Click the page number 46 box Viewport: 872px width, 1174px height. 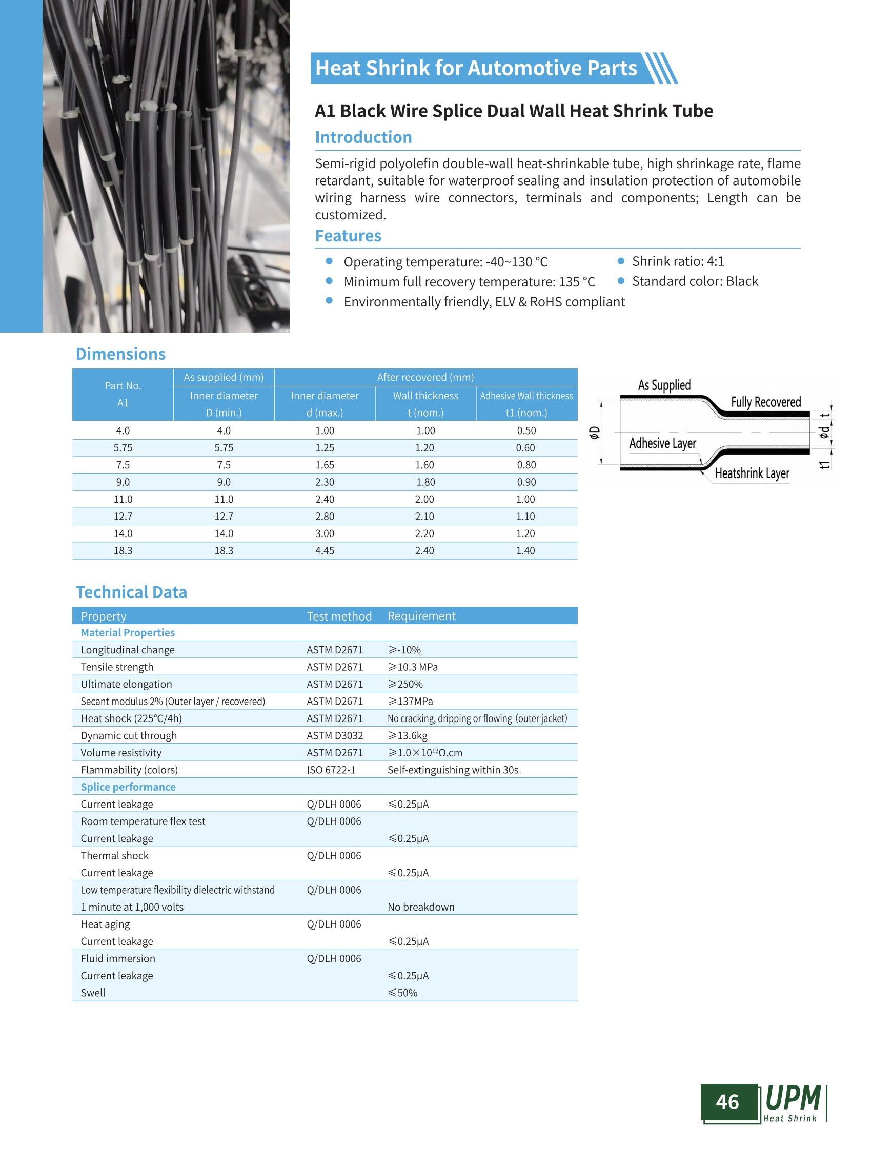click(727, 1102)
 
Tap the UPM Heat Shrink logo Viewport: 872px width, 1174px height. click(794, 1102)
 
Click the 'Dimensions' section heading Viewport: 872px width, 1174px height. click(120, 354)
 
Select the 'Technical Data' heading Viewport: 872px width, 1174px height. click(131, 592)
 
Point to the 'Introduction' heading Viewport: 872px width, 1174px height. click(363, 137)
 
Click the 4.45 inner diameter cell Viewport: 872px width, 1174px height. click(325, 550)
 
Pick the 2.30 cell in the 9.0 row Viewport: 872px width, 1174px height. click(325, 482)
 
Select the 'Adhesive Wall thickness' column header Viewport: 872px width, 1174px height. click(526, 396)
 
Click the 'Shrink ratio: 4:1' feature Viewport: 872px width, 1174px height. click(678, 261)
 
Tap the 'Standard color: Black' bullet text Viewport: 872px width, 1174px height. click(695, 281)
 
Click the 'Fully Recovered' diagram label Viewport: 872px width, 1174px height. click(765, 402)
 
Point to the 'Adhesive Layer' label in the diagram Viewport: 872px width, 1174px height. click(662, 443)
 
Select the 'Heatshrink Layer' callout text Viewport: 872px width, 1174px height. click(752, 473)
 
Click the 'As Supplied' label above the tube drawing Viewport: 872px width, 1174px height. click(664, 385)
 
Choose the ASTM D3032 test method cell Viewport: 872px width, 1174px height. click(335, 735)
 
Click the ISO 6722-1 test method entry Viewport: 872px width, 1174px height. click(331, 770)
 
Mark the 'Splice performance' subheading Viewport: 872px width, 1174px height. click(128, 787)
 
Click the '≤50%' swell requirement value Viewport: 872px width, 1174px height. click(402, 993)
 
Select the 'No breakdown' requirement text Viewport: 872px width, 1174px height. click(421, 907)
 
